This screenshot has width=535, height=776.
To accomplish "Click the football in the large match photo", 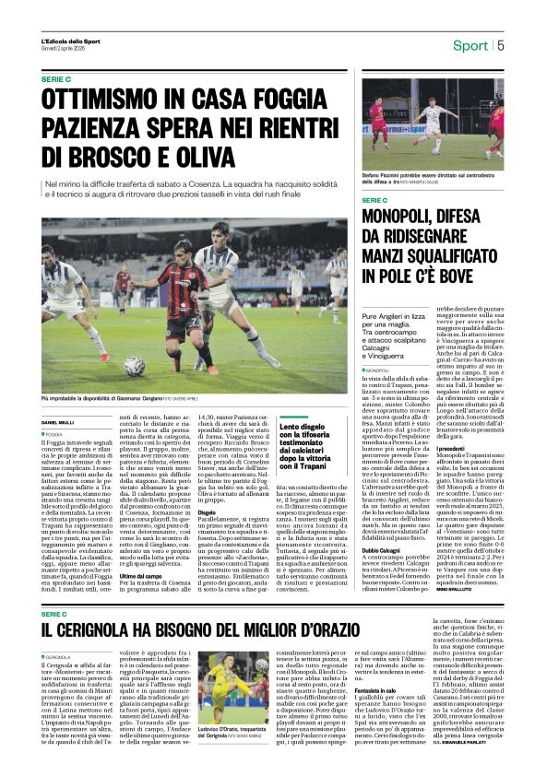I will [x=134, y=365].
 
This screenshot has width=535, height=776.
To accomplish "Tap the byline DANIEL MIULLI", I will [x=57, y=423].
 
